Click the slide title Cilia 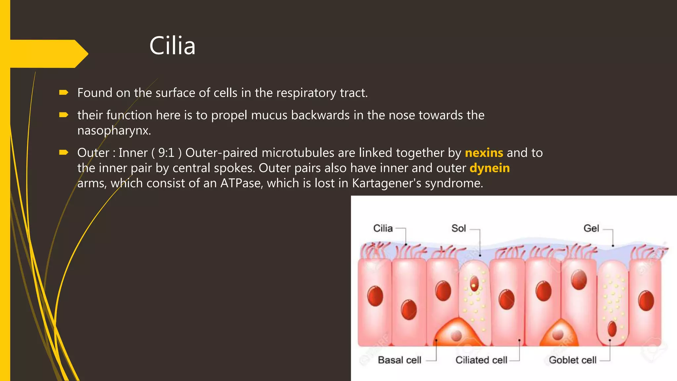pyautogui.click(x=172, y=46)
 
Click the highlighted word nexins pyautogui.click(x=484, y=153)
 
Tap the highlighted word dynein pyautogui.click(x=490, y=168)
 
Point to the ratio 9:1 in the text pyautogui.click(x=166, y=153)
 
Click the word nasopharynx pyautogui.click(x=114, y=131)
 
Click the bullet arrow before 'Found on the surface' pyautogui.click(x=63, y=93)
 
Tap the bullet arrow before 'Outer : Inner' pyautogui.click(x=63, y=152)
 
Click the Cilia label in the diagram pyautogui.click(x=383, y=228)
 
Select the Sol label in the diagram pyautogui.click(x=458, y=228)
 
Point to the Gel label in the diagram pyautogui.click(x=591, y=228)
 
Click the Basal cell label pyautogui.click(x=399, y=360)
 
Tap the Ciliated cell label pyautogui.click(x=481, y=360)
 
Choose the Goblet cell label pyautogui.click(x=573, y=360)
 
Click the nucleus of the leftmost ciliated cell pyautogui.click(x=375, y=296)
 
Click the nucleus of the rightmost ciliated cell pyautogui.click(x=646, y=301)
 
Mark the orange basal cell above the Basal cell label pyautogui.click(x=457, y=334)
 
